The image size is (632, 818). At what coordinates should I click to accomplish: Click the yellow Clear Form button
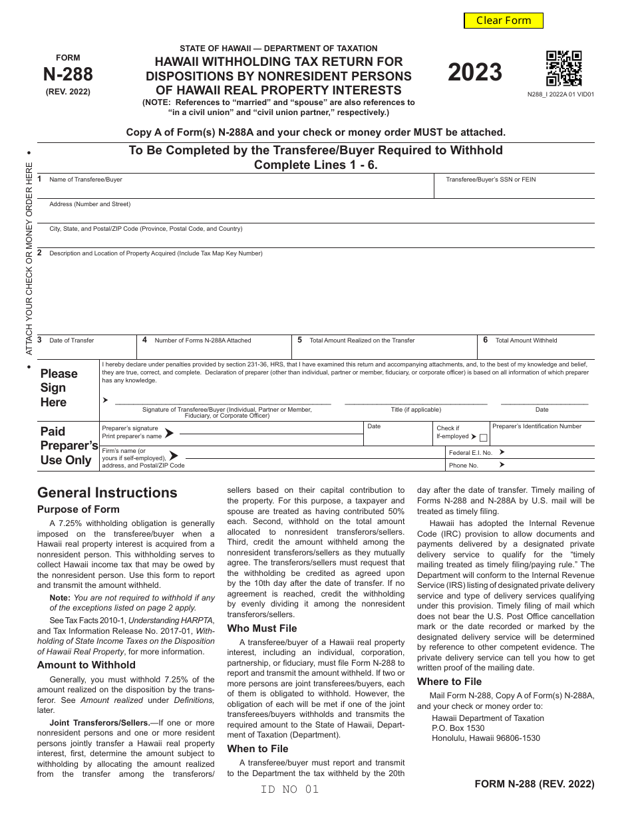pyautogui.click(x=504, y=21)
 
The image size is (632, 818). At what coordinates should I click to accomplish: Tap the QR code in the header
pyautogui.click(x=563, y=68)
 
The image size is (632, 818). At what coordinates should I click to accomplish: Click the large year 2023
pyautogui.click(x=474, y=72)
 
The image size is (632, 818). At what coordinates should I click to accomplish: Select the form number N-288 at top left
pyautogui.click(x=68, y=74)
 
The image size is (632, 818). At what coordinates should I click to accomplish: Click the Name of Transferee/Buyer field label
pyautogui.click(x=86, y=180)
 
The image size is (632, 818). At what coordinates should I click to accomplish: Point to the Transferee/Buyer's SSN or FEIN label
pyautogui.click(x=490, y=180)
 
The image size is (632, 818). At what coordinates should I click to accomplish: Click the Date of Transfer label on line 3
pyautogui.click(x=71, y=341)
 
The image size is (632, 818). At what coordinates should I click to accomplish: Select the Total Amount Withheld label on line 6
pyautogui.click(x=526, y=341)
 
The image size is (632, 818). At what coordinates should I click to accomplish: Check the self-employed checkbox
pyautogui.click(x=484, y=438)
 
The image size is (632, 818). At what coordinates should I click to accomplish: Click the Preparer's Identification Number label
pyautogui.click(x=537, y=426)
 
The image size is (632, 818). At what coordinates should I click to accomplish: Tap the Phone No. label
pyautogui.click(x=464, y=466)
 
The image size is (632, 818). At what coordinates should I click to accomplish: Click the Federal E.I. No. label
pyautogui.click(x=470, y=452)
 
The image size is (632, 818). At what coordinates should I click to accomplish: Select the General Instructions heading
pyautogui.click(x=107, y=493)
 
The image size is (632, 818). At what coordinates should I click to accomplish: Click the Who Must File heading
pyautogui.click(x=262, y=628)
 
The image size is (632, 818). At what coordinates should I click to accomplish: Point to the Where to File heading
pyautogui.click(x=449, y=681)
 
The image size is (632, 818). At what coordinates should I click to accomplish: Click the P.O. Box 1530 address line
pyautogui.click(x=458, y=728)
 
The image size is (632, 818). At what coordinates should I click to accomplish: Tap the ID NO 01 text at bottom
pyautogui.click(x=290, y=789)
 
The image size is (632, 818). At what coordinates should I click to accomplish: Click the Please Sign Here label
pyautogui.click(x=59, y=388)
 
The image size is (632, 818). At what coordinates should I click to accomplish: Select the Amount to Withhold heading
pyautogui.click(x=86, y=664)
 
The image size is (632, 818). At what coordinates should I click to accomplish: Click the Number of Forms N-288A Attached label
pyautogui.click(x=203, y=341)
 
